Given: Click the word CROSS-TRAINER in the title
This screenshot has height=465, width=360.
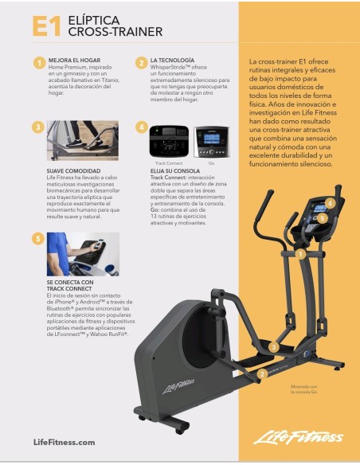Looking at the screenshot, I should (115, 33).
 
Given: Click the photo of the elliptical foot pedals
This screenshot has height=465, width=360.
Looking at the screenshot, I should (84, 141).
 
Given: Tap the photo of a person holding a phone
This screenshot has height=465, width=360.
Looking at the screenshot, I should (84, 254).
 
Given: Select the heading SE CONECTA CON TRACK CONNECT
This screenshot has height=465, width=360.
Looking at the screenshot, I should (72, 285).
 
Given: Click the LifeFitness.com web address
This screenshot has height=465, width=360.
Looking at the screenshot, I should (65, 442).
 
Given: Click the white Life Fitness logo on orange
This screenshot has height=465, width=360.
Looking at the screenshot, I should (298, 439).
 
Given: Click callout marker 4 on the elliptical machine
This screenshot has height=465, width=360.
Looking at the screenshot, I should (330, 204).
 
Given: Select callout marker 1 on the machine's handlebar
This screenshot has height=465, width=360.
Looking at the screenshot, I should (301, 254).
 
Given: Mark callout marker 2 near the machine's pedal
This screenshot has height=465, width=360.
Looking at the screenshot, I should (263, 373).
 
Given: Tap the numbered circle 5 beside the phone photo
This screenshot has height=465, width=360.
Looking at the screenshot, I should (37, 238).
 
